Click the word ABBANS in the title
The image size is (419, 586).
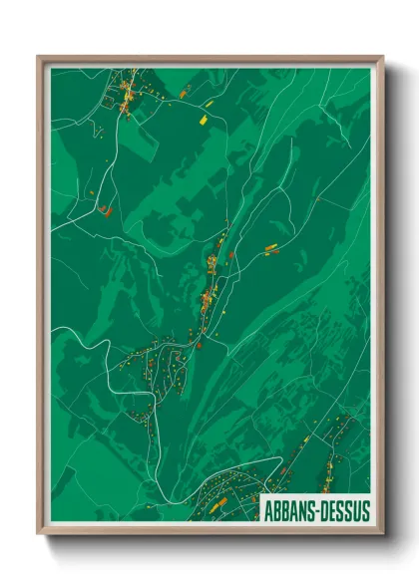pos(287,511)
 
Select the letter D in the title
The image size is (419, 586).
pos(323,511)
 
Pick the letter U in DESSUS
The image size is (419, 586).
pos(355,511)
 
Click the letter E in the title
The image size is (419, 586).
pos(332,511)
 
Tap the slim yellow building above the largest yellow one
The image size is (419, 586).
pos(209,101)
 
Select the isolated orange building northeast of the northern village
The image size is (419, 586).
pos(184,92)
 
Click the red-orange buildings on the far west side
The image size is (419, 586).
pos(103,208)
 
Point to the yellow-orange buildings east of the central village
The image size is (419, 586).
pos(269,245)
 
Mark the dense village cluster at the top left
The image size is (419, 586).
pos(127,97)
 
